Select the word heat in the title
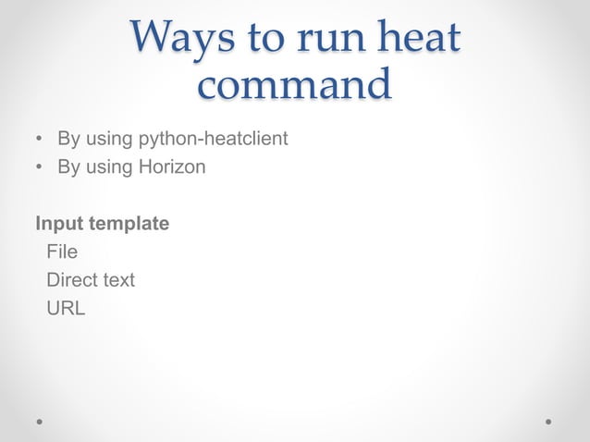(422, 38)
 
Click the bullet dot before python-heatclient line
(39, 141)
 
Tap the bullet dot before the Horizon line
(39, 169)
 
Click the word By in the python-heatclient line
(68, 141)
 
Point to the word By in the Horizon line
(68, 168)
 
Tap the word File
(62, 252)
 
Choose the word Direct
(75, 279)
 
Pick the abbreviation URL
(66, 308)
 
